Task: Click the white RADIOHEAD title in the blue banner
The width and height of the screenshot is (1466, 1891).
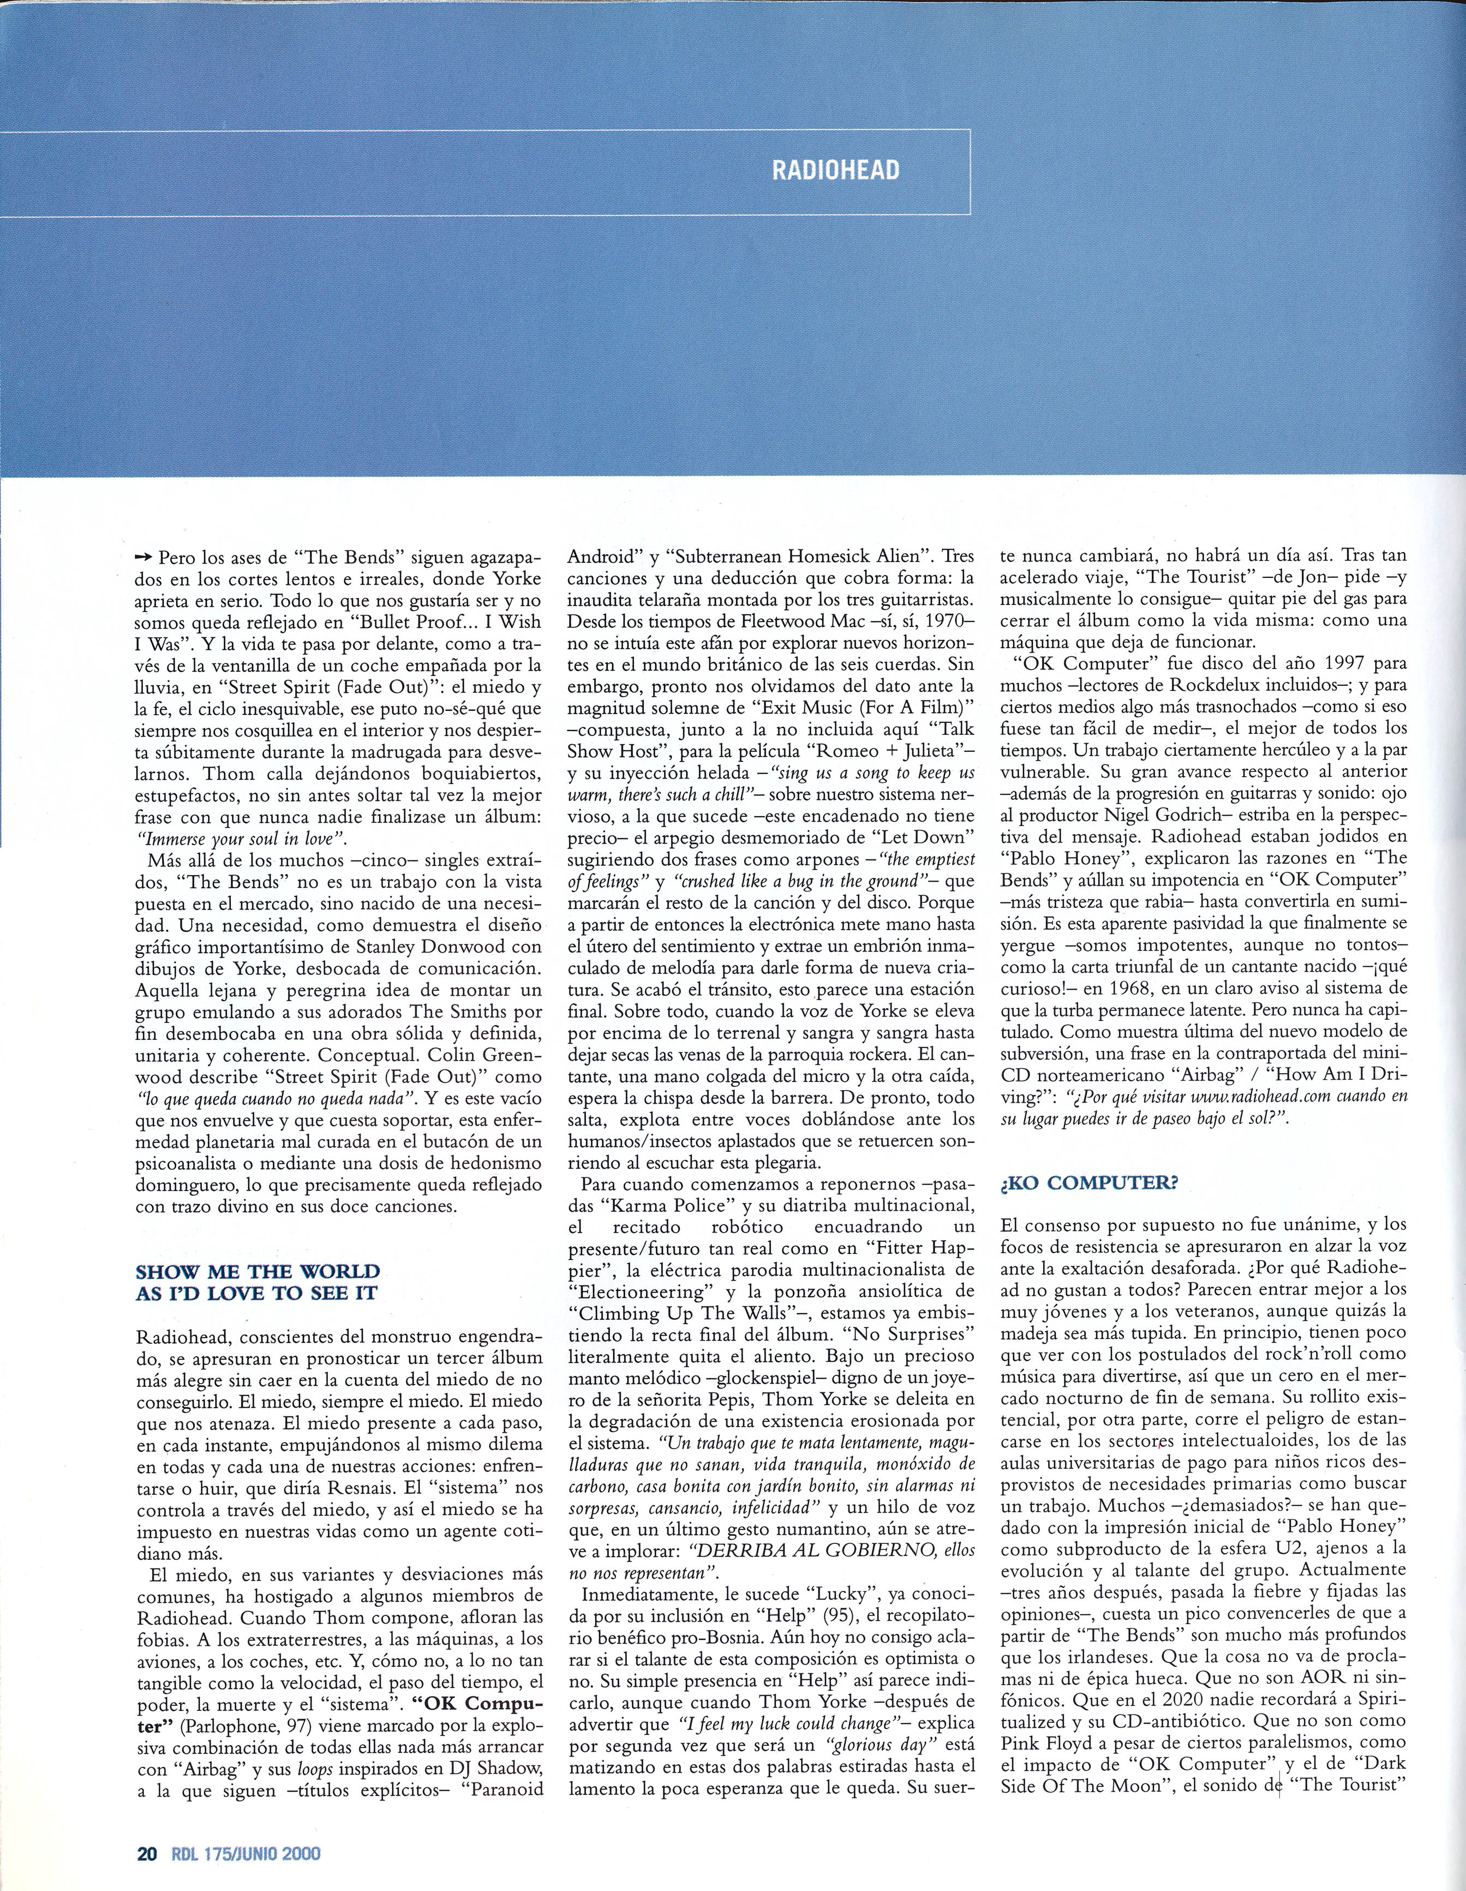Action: pos(835,171)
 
